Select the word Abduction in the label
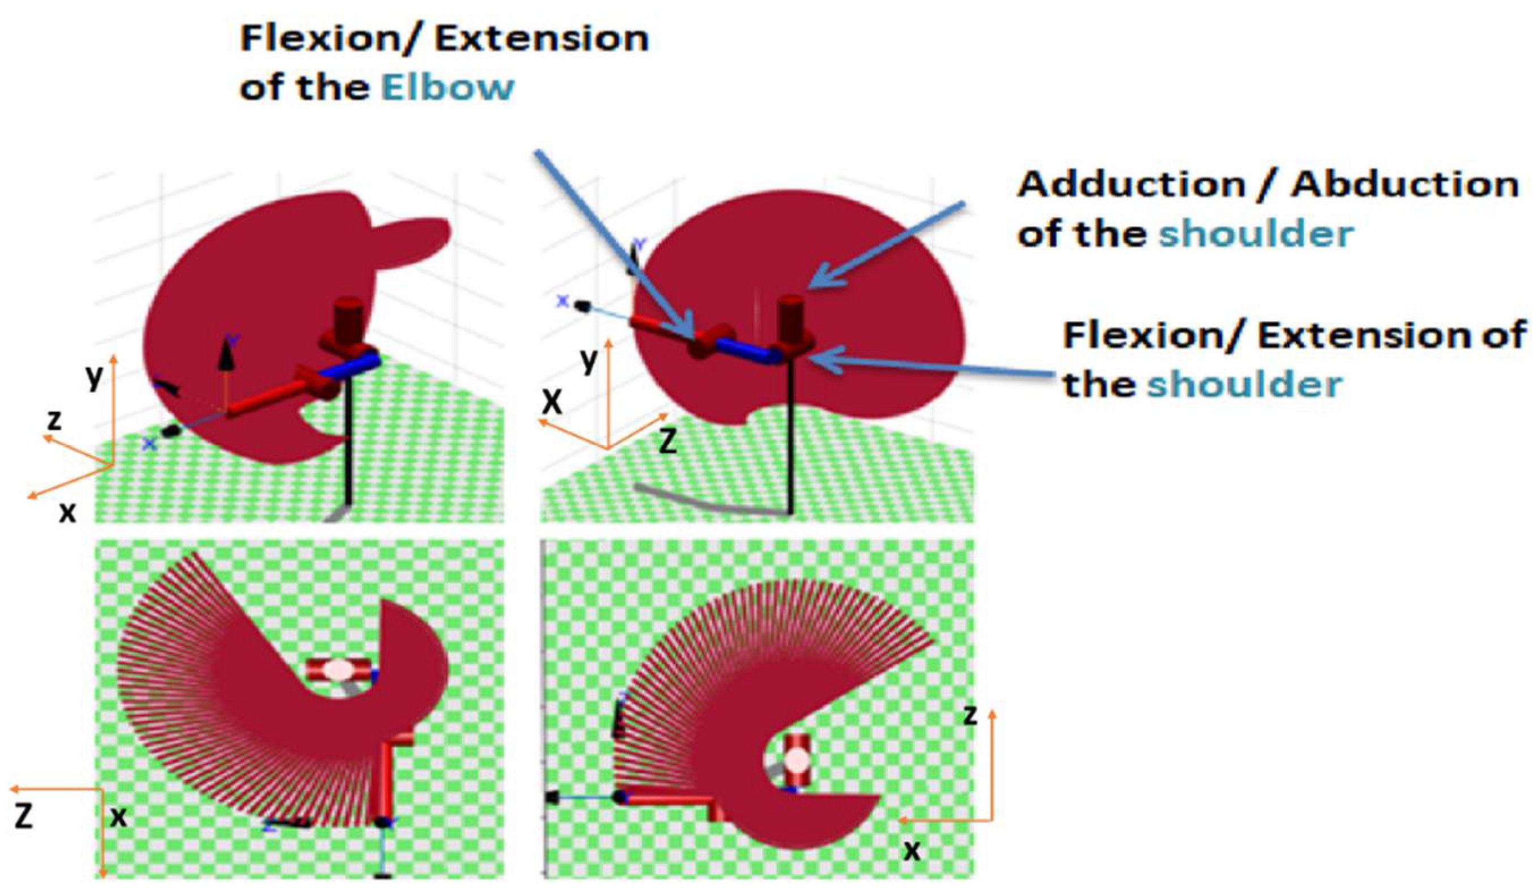1404,185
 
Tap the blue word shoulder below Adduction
1256,235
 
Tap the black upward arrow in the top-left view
227,358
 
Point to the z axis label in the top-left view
55,420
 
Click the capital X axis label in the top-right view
552,402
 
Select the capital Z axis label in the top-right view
668,441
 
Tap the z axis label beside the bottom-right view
970,715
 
